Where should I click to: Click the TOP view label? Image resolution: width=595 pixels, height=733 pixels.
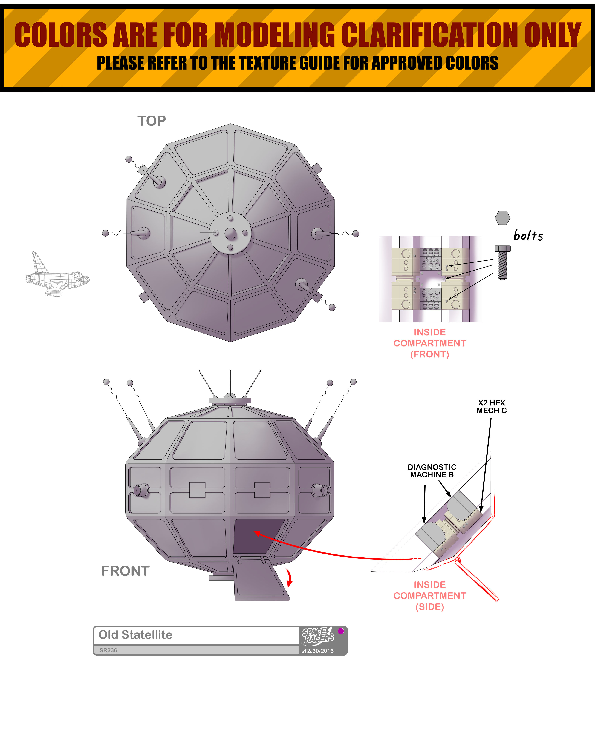pos(152,121)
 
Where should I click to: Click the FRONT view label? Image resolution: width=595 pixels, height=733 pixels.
pos(126,571)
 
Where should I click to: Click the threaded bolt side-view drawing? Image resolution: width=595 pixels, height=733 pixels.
pos(502,262)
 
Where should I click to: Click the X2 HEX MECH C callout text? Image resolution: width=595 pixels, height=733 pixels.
pos(492,407)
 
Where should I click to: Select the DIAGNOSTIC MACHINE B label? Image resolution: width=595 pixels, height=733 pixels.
pos(432,471)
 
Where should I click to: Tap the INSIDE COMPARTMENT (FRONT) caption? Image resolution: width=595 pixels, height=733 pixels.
pos(430,343)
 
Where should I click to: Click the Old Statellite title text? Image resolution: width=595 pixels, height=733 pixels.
pos(135,635)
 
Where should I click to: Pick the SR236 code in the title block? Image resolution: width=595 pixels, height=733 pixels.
pos(108,650)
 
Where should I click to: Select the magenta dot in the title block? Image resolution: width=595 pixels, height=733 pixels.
pos(341,631)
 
